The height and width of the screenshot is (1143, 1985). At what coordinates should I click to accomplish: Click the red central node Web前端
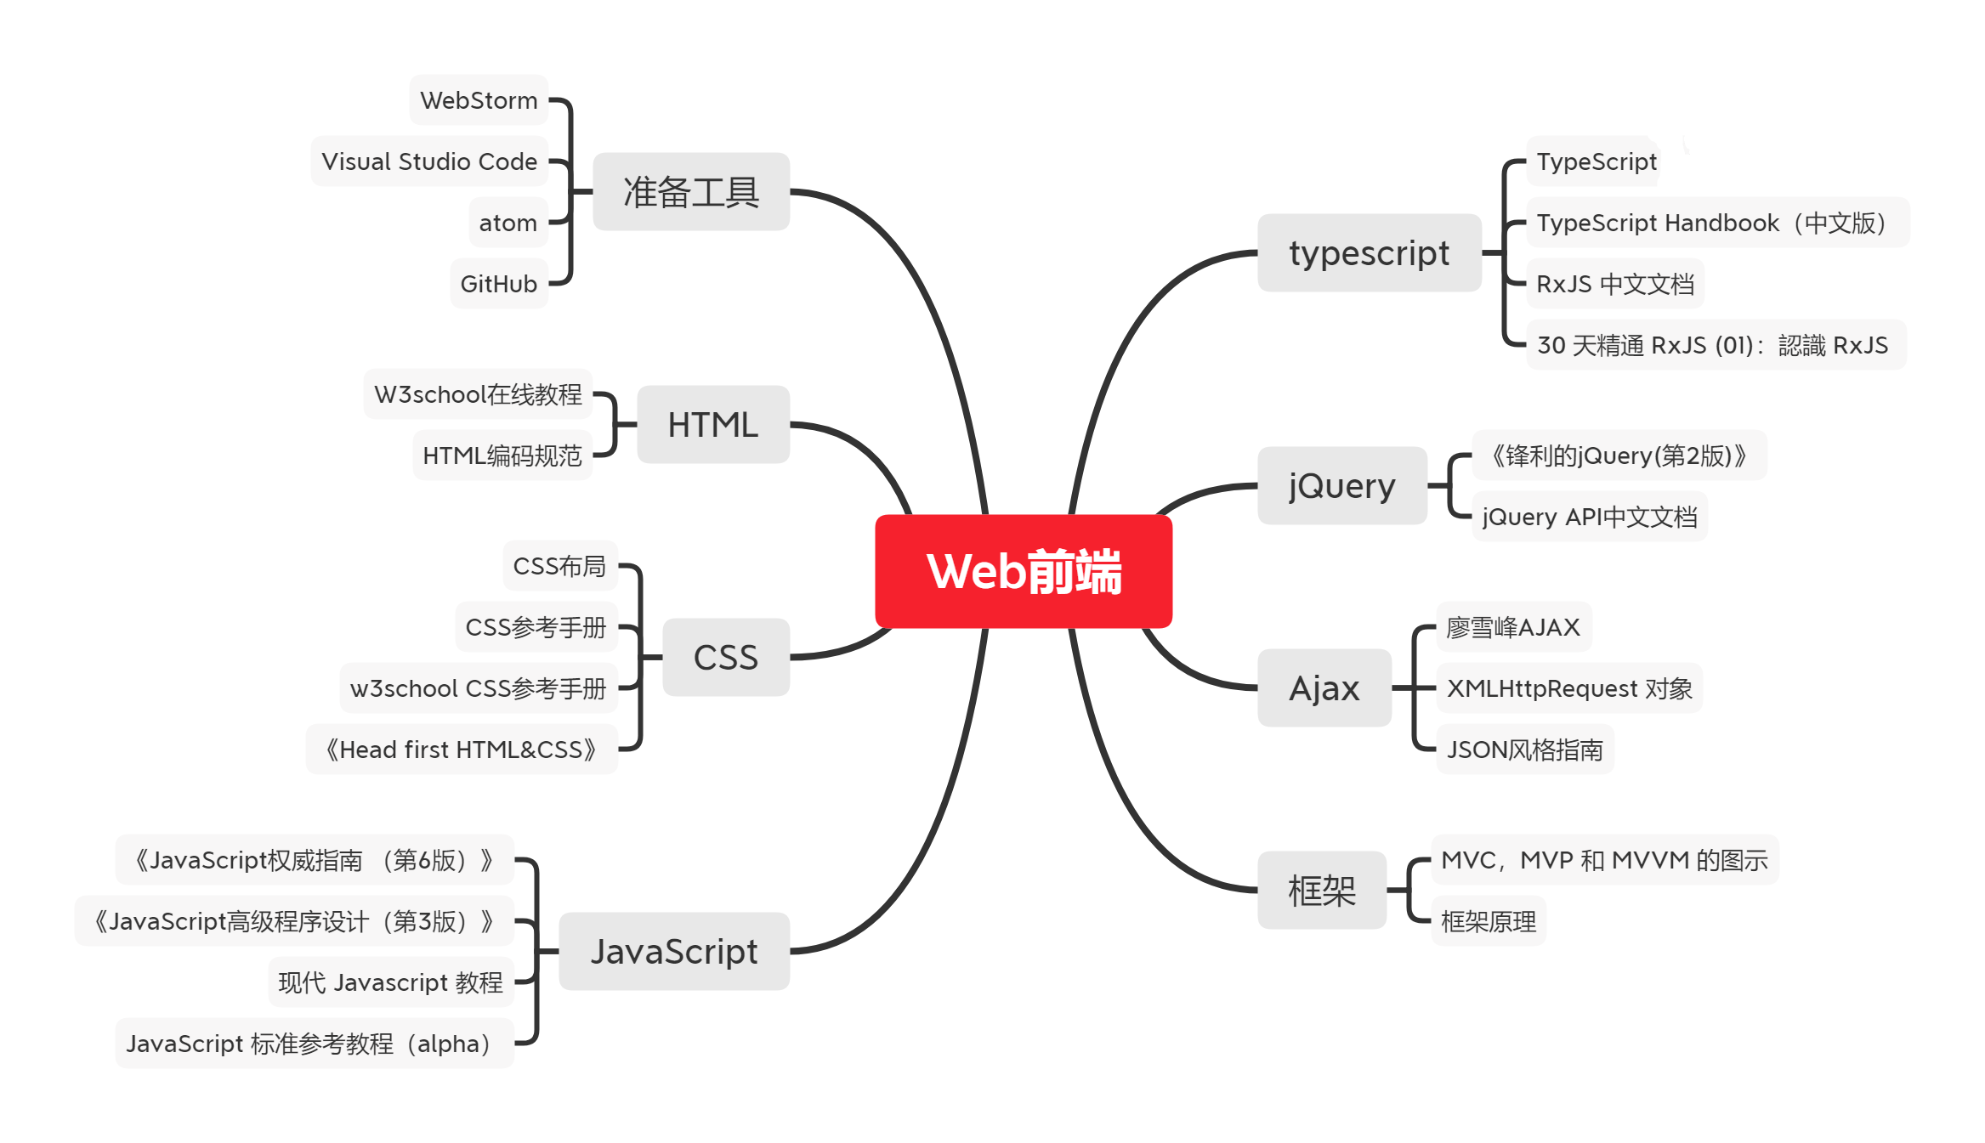(x=1024, y=571)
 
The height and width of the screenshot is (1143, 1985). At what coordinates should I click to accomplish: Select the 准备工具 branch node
(x=691, y=192)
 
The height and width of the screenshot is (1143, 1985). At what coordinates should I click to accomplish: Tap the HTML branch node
(x=712, y=424)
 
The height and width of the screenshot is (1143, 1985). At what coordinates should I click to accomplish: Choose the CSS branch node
(x=725, y=657)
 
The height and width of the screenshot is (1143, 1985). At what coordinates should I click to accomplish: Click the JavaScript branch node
(x=674, y=951)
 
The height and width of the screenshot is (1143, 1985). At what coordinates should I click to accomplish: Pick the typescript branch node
(x=1369, y=253)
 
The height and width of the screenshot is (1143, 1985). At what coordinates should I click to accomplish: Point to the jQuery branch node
(x=1341, y=485)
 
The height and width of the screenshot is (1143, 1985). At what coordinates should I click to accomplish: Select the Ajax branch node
(x=1324, y=687)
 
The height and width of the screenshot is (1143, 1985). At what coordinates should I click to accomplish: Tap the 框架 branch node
(x=1322, y=890)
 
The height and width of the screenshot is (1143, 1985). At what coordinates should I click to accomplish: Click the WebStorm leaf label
(x=479, y=100)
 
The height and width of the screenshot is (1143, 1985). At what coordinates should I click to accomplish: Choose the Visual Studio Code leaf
(x=429, y=161)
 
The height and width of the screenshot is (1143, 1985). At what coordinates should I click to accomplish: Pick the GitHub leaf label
(x=499, y=284)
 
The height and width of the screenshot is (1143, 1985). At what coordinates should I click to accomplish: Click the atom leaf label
(x=508, y=223)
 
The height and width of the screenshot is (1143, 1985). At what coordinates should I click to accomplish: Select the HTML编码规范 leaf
(x=502, y=456)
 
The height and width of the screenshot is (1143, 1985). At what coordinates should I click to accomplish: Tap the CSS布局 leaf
(x=559, y=566)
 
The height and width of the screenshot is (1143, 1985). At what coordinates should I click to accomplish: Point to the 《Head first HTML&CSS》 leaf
(x=462, y=750)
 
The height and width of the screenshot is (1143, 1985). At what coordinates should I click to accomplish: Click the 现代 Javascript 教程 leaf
(x=391, y=982)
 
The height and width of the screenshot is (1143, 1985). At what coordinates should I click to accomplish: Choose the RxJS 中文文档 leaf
(x=1615, y=284)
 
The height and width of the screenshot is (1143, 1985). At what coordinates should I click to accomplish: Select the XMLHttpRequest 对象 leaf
(x=1569, y=688)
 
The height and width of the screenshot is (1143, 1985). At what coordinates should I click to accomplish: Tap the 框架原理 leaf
(x=1489, y=921)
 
